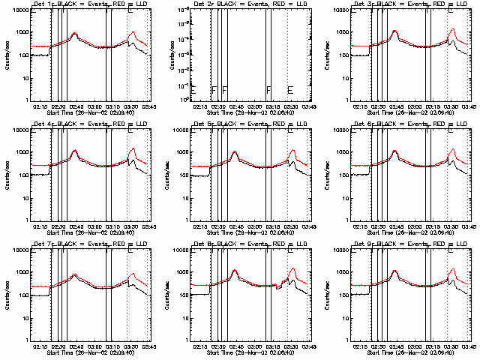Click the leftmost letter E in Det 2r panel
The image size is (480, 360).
tap(193, 90)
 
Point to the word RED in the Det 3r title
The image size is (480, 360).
tap(433, 4)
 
